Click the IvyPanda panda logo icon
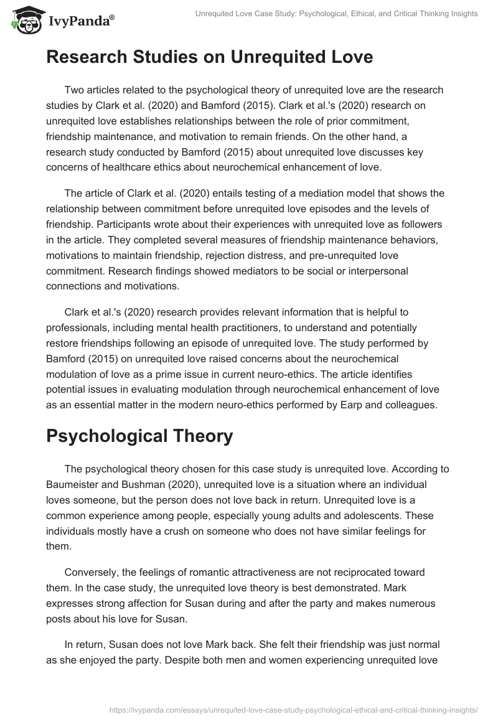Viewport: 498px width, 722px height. tap(24, 21)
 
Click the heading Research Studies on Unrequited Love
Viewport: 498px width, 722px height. tap(209, 57)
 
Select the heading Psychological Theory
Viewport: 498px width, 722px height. tap(139, 436)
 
